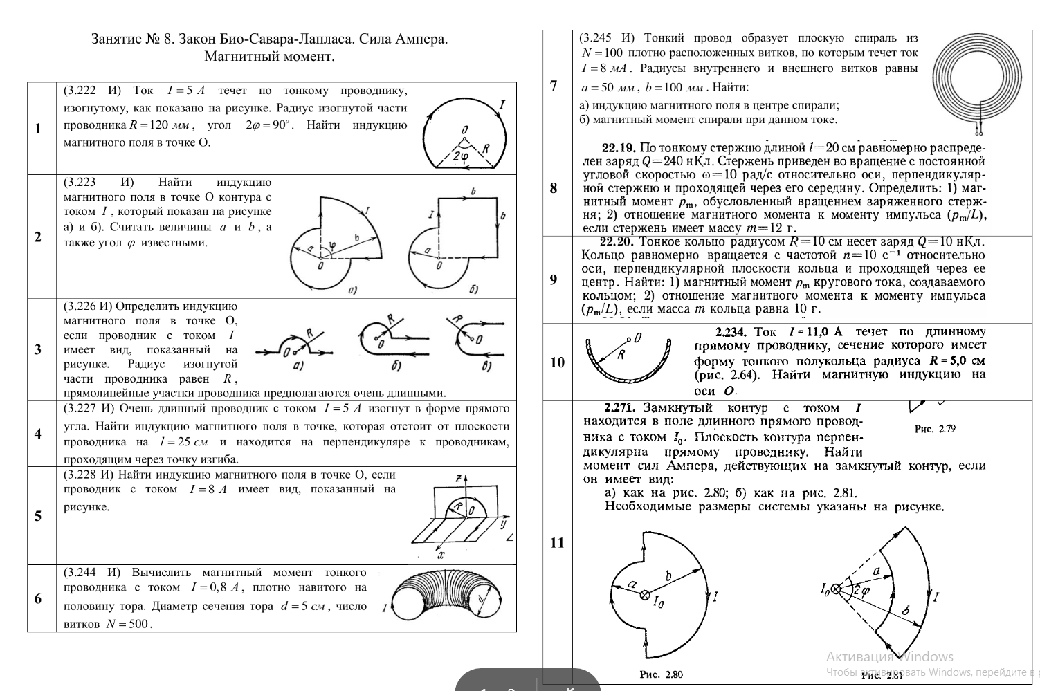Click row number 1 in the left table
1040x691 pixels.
point(38,128)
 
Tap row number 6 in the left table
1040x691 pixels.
point(38,598)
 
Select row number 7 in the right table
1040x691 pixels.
point(554,86)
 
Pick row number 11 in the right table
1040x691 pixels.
point(557,543)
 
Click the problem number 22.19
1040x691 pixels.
point(619,147)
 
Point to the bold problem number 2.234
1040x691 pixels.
point(731,332)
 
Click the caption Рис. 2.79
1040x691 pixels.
point(935,429)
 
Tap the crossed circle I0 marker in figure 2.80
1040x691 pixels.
point(644,594)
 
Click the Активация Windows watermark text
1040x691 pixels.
point(889,656)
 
